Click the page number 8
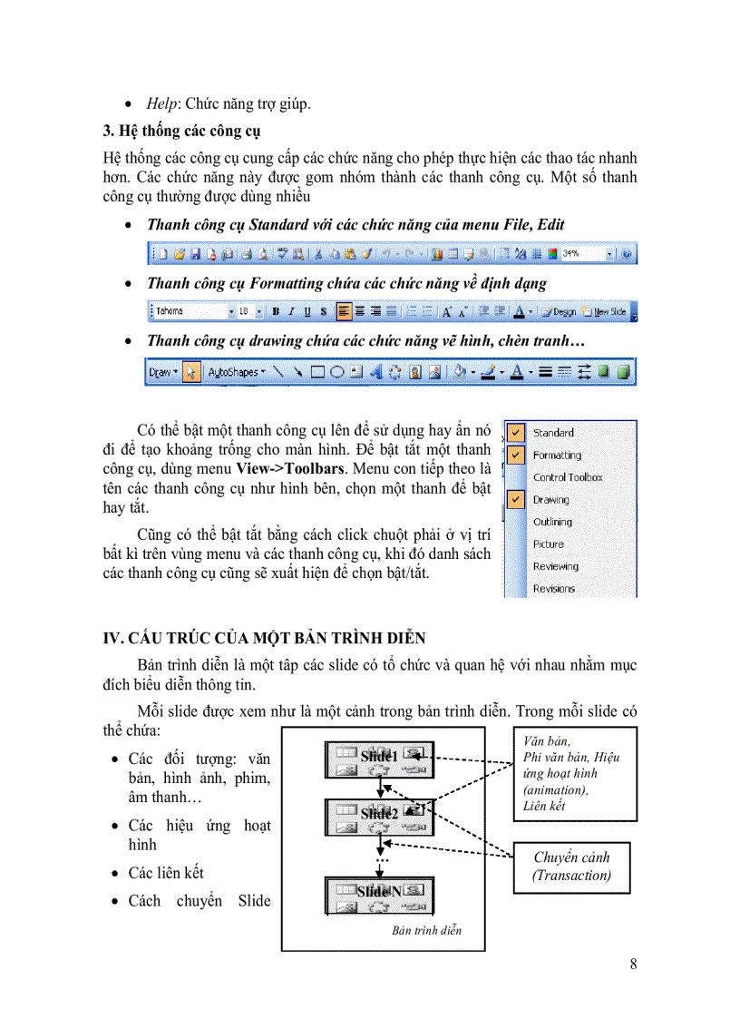click(x=633, y=965)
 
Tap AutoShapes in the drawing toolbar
click(x=234, y=372)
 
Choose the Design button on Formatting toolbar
click(x=559, y=311)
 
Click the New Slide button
click(x=605, y=311)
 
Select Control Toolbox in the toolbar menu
click(x=568, y=477)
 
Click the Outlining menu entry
click(x=552, y=522)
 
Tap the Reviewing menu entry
click(x=555, y=566)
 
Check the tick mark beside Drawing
click(x=516, y=499)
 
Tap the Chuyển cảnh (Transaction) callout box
click(x=571, y=867)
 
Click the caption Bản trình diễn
click(x=427, y=931)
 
